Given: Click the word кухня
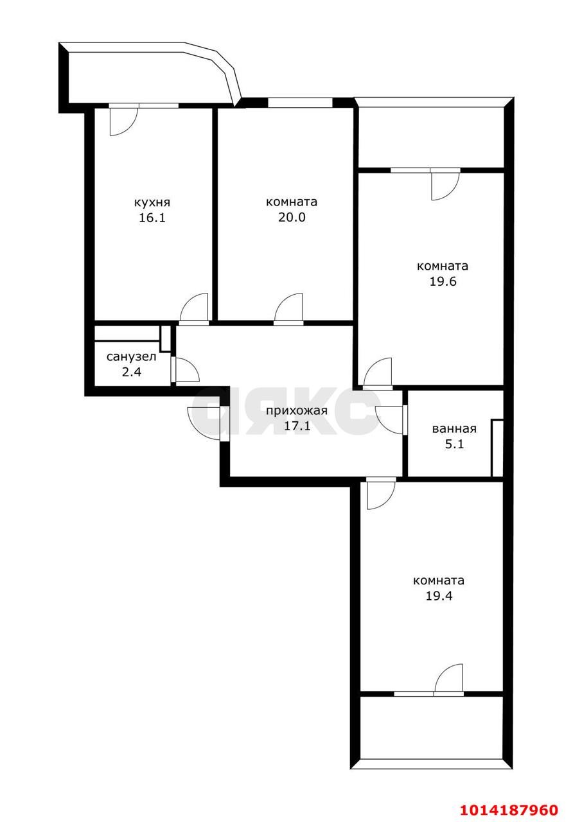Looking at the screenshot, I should click(x=152, y=202).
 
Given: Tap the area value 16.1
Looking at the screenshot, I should click(x=152, y=218).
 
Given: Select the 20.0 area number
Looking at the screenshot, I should click(x=292, y=218).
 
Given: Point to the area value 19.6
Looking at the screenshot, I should click(x=442, y=281).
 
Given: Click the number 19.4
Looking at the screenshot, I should click(x=439, y=596).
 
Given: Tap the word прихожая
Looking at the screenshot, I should click(x=296, y=411).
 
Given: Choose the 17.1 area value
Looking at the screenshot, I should click(x=296, y=425).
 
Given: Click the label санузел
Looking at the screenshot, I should click(x=132, y=356).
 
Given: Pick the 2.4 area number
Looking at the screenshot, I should click(x=132, y=371).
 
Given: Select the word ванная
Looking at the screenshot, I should click(x=454, y=429).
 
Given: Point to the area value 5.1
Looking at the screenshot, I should click(x=454, y=444).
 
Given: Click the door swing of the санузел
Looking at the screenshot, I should click(x=186, y=371).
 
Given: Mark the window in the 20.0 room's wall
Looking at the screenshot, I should click(x=299, y=102).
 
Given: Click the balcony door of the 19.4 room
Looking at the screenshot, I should click(x=448, y=679).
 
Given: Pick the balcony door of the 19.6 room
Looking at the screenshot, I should click(x=444, y=184).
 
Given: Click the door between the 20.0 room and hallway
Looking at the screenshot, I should click(x=289, y=307).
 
